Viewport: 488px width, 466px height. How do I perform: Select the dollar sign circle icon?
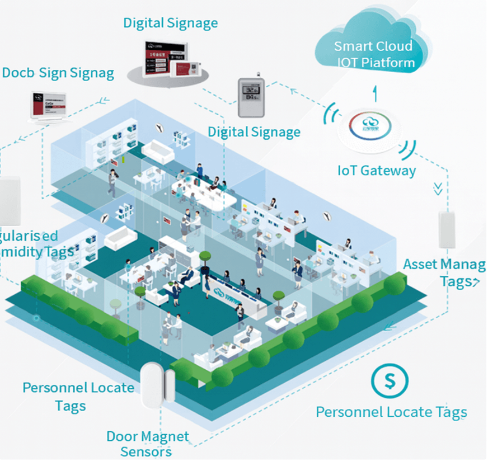tap(390, 380)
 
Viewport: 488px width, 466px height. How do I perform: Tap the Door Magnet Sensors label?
tap(147, 444)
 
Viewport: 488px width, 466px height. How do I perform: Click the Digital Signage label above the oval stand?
tap(170, 23)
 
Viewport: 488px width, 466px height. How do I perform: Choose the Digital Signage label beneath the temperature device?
tap(254, 132)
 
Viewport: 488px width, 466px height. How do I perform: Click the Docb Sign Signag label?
tap(58, 73)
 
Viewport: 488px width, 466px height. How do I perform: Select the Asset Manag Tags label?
tap(445, 272)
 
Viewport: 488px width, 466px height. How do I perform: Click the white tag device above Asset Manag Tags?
tap(449, 229)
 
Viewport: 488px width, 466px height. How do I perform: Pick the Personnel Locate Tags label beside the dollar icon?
tap(391, 412)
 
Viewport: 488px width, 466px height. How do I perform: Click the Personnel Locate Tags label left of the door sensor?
tap(78, 395)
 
